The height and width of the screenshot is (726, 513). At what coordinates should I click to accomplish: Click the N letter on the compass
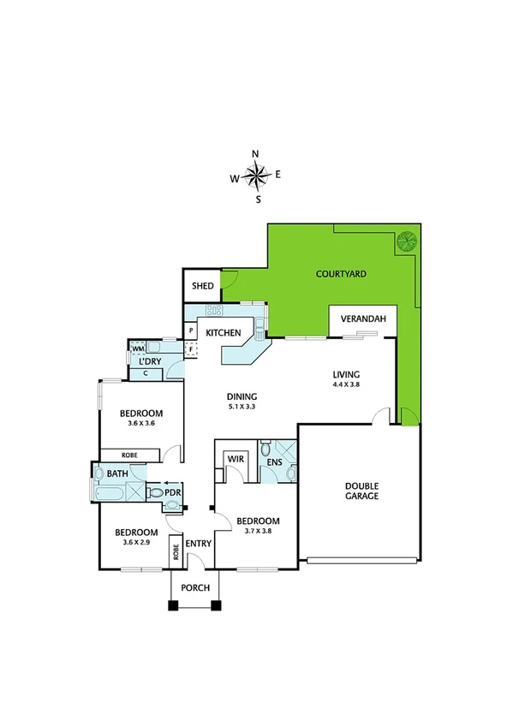point(255,154)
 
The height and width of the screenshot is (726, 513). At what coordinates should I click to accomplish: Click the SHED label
point(202,286)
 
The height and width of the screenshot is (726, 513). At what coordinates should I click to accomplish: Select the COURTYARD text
point(341,274)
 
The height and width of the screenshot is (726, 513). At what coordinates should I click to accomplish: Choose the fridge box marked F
point(191,348)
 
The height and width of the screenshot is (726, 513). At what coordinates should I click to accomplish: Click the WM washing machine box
point(138,348)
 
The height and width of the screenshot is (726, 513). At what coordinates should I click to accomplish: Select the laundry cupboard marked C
point(146,372)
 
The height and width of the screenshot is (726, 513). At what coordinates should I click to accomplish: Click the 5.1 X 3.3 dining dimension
point(242,407)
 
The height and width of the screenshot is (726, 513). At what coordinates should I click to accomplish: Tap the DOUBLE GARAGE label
point(361,489)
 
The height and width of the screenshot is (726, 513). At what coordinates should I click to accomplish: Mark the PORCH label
point(197,588)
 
